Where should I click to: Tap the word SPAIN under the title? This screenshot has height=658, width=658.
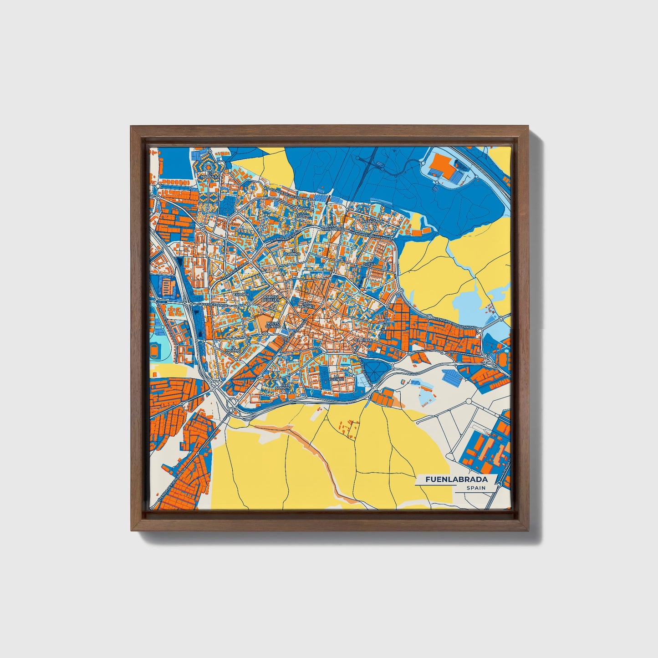(476, 488)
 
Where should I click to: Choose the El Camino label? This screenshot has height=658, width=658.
(293, 252)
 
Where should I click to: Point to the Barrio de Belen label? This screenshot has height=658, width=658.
(270, 298)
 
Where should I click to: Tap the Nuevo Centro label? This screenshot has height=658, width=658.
(273, 324)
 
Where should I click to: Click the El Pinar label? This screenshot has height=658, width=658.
(364, 340)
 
